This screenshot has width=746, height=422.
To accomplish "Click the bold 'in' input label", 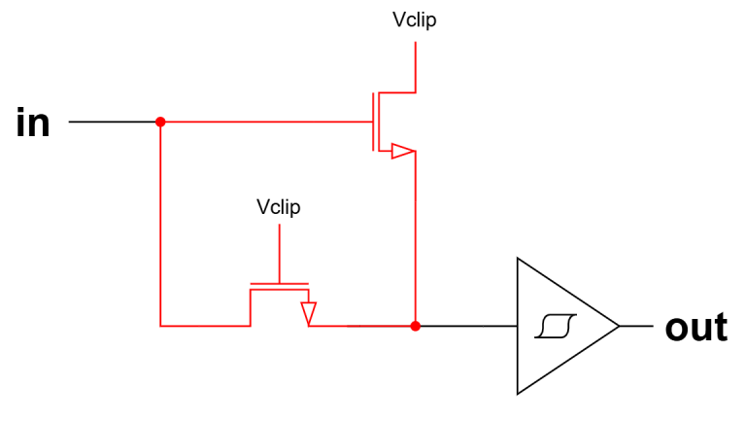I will [33, 123].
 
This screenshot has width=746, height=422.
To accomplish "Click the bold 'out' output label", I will [695, 328].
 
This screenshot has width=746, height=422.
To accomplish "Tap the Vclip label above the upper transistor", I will [415, 20].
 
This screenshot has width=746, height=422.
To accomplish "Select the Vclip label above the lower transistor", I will [279, 207].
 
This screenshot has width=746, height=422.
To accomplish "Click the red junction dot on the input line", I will [160, 122].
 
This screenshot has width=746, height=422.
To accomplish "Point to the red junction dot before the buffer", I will [416, 326].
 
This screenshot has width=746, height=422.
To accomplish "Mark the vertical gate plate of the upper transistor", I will [371, 122].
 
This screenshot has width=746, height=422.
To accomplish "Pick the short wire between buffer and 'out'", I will [636, 326].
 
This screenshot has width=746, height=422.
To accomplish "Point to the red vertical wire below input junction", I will [160, 224].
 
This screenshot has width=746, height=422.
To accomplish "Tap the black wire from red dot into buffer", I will [466, 326].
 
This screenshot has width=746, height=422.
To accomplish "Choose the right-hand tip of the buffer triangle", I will [618, 326].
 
